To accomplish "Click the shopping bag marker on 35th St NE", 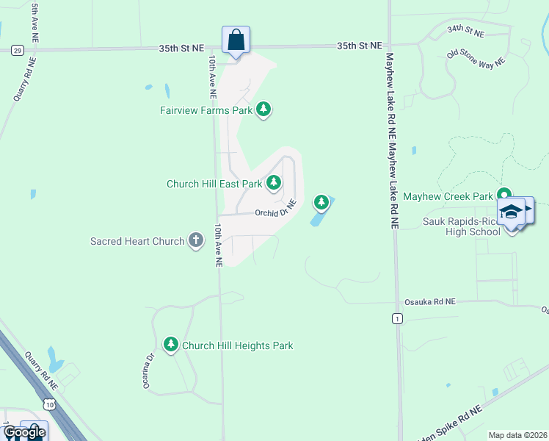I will [x=236, y=41].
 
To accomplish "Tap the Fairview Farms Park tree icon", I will [x=264, y=110].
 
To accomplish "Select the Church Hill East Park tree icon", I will [x=274, y=182].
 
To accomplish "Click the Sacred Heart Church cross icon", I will [x=195, y=240].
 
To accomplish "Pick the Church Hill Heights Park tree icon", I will [x=171, y=344].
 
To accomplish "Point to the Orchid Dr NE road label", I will [x=275, y=209].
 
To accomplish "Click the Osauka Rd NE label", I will [x=430, y=302].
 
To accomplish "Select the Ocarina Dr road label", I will [x=150, y=370].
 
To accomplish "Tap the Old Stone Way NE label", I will [x=476, y=58].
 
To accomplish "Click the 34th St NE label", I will [x=466, y=31].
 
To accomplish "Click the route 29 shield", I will [x=17, y=50].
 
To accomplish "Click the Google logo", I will [x=24, y=432].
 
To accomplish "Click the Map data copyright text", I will [x=517, y=435].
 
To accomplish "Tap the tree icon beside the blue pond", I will [x=321, y=201].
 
